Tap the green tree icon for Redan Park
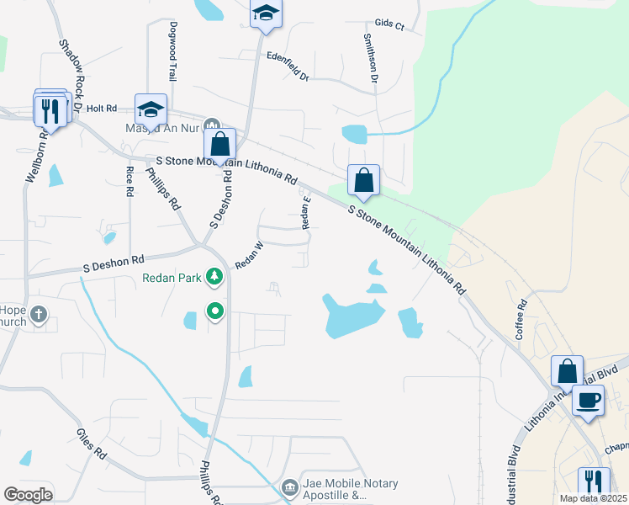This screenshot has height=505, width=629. pos(215,276)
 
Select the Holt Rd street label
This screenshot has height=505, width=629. pos(101,109)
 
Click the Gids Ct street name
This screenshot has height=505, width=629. pos(389,25)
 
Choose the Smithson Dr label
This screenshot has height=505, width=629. pos(370,57)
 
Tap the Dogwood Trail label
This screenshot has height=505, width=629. pos(172,50)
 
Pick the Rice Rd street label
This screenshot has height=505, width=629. pos(129,181)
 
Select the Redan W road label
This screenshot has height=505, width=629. pos(250,256)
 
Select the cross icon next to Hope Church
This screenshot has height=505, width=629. pos(38,316)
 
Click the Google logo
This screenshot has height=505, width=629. pos(28,495)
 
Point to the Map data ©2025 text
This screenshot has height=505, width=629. pos(592,498)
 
